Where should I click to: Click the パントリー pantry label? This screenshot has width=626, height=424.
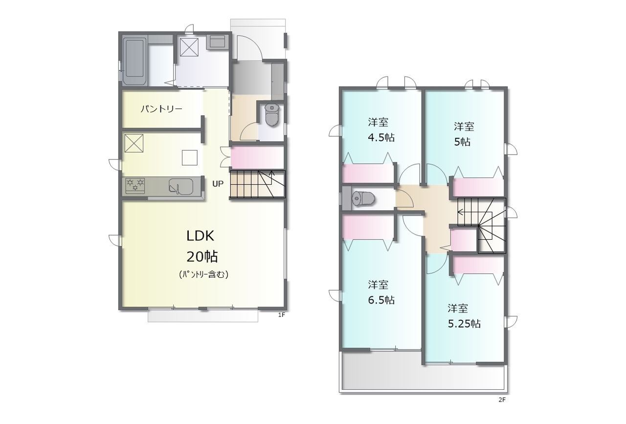(161, 109)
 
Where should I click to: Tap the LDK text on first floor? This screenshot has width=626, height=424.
(201, 236)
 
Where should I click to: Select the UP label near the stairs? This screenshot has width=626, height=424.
(218, 184)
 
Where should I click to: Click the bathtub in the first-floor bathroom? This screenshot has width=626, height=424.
(135, 61)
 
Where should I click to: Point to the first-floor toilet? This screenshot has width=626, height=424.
(271, 115)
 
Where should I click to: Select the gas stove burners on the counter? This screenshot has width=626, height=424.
(135, 185)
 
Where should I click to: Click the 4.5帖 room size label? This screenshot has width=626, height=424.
(381, 137)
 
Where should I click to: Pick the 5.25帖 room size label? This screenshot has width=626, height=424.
(464, 324)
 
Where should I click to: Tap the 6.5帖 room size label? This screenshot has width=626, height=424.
(381, 300)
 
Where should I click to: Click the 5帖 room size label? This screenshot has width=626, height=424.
(462, 142)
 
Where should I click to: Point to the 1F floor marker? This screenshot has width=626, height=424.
(281, 315)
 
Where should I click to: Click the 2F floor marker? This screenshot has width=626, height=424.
(502, 400)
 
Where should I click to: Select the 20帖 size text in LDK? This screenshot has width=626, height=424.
(202, 256)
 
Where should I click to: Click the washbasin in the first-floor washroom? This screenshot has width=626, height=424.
(217, 41)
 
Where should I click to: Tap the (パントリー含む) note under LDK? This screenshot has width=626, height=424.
(203, 274)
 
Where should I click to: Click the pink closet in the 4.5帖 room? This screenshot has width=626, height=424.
(368, 173)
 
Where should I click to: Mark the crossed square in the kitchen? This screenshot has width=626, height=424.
(134, 143)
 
